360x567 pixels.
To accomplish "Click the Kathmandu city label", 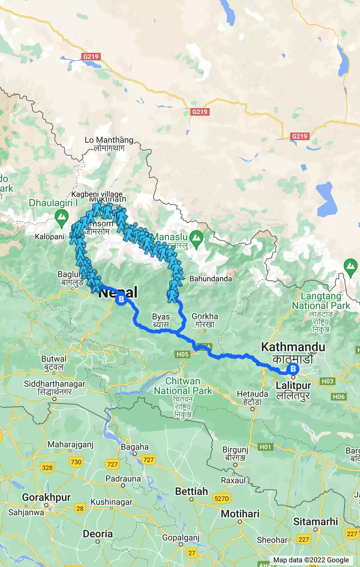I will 293,347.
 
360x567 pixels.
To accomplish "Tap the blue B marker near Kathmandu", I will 293,369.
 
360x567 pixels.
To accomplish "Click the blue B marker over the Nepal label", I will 121,299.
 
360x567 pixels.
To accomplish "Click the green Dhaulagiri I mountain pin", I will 62,217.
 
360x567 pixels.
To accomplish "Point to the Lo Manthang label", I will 109,140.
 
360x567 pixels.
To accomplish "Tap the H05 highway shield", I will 182,354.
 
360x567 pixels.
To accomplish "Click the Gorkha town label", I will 205,316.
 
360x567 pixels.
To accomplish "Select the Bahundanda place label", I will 210,279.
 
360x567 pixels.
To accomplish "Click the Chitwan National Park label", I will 183,386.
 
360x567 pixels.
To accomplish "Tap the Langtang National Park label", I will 321,301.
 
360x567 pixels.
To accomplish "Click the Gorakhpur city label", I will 46,497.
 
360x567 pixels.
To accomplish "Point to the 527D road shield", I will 222,499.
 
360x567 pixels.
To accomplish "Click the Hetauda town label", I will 252,394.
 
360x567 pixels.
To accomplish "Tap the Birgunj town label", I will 235,450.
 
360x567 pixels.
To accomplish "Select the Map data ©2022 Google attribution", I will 311,560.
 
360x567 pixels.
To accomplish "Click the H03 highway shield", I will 327,381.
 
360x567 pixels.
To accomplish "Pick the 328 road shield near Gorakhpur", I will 47,468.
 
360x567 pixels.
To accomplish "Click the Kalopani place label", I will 50,237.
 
